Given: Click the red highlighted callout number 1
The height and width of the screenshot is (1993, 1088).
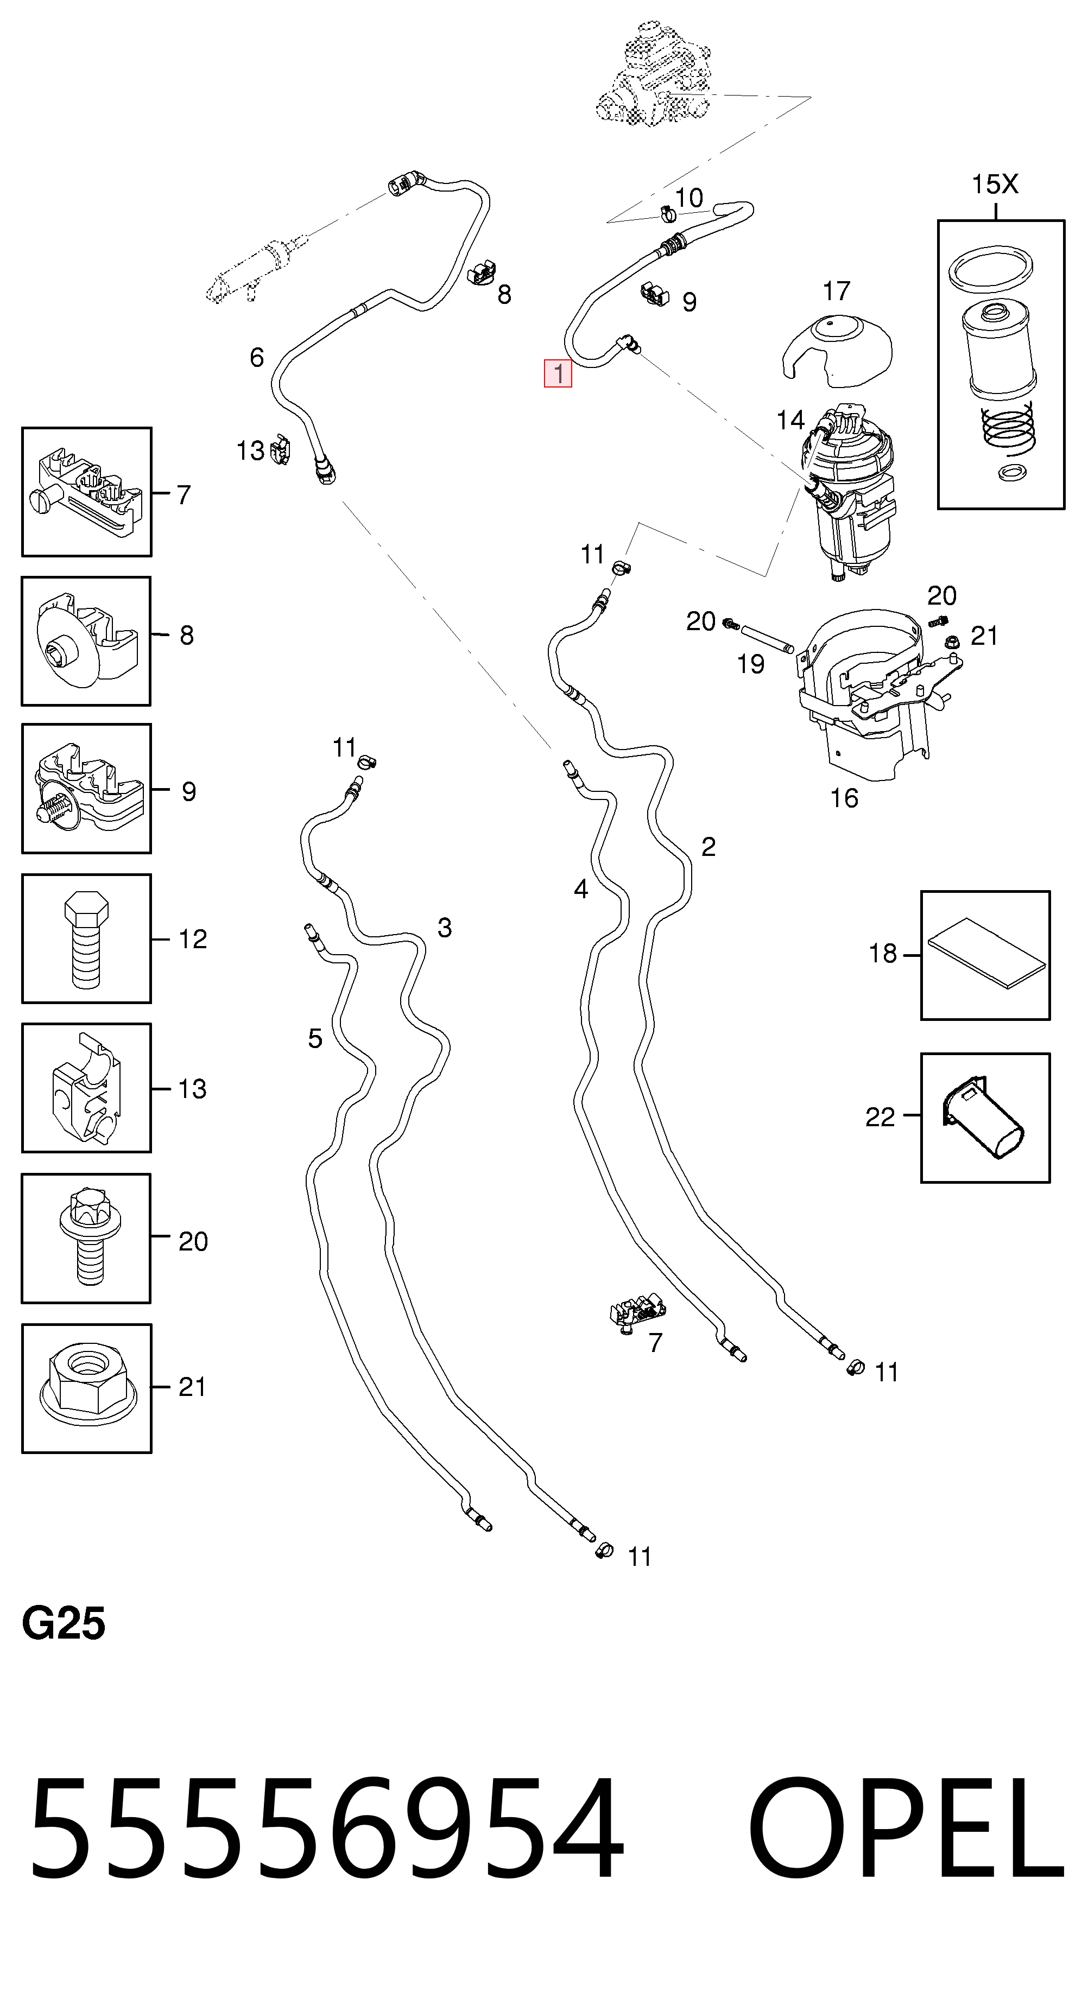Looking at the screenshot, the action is pyautogui.click(x=558, y=373).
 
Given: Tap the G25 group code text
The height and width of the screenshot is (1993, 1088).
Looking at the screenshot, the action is pyautogui.click(x=64, y=1623).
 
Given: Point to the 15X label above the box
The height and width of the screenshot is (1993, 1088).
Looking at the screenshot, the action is pyautogui.click(x=995, y=184).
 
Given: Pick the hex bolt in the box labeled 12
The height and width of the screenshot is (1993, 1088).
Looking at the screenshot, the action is pyautogui.click(x=86, y=940).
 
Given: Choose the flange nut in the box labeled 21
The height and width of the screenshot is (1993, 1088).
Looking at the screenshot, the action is pyautogui.click(x=88, y=1389).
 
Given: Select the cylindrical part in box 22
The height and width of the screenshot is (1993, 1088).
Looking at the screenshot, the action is pyautogui.click(x=983, y=1117).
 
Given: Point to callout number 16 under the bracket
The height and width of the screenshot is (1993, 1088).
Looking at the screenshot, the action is pyautogui.click(x=844, y=798).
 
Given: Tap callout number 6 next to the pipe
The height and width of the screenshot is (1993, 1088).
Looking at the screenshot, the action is pyautogui.click(x=257, y=358).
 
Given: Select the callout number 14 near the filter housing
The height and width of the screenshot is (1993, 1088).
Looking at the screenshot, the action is pyautogui.click(x=790, y=420).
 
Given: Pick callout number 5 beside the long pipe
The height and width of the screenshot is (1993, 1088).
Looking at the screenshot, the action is pyautogui.click(x=315, y=1038).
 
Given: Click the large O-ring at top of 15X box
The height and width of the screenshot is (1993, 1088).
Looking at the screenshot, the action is pyautogui.click(x=992, y=271).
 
